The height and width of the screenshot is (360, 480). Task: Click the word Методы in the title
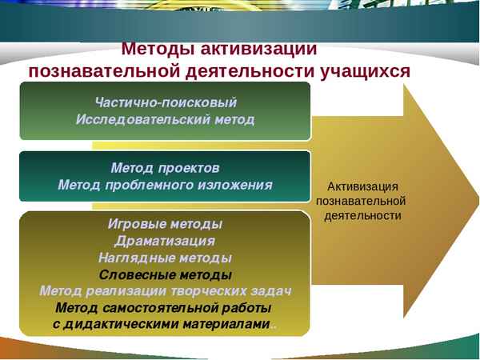pyautogui.click(x=154, y=49)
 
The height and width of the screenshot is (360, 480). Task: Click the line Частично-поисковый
pyautogui.click(x=166, y=102)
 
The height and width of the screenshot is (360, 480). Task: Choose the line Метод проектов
pyautogui.click(x=165, y=168)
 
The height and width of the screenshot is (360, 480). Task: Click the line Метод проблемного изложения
pyautogui.click(x=165, y=185)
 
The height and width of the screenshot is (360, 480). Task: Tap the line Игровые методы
pyautogui.click(x=165, y=224)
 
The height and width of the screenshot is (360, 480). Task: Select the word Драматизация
pyautogui.click(x=165, y=241)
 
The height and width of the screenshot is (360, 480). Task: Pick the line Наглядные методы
pyautogui.click(x=165, y=258)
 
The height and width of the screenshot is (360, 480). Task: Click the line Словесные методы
pyautogui.click(x=165, y=274)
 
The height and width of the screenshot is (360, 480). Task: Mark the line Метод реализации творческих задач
pyautogui.click(x=165, y=290)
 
